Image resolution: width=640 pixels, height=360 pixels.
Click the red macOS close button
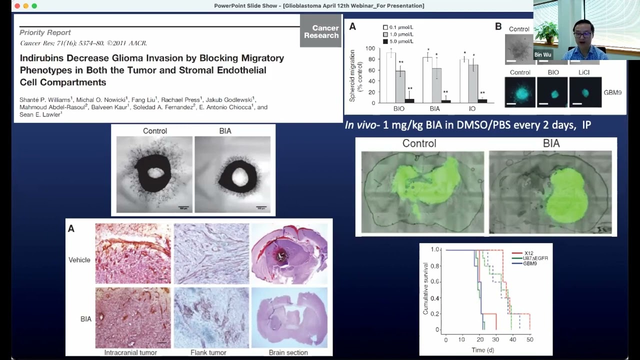tap(16, 6)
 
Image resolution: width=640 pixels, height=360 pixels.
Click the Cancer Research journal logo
tap(320, 31)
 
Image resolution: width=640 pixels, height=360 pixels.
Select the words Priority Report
tap(45, 32)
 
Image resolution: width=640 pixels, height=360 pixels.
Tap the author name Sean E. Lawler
tap(40, 114)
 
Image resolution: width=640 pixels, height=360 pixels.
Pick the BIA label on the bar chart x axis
tap(434, 108)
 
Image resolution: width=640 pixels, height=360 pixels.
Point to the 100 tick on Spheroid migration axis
tap(370, 48)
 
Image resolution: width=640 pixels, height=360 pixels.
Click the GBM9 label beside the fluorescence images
tap(612, 92)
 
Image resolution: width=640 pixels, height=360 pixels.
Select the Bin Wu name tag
tap(542, 55)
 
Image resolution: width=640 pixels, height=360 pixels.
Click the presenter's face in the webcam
tap(582, 32)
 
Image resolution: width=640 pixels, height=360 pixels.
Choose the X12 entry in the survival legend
tap(528, 253)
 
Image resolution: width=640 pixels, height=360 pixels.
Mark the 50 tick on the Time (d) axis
tap(529, 339)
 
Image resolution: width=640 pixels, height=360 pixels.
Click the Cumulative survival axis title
tap(425, 289)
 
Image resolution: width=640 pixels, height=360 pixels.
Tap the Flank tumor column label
tap(208, 352)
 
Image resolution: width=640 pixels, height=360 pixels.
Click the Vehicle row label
tap(79, 260)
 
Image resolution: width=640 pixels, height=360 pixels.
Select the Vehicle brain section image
tap(289, 254)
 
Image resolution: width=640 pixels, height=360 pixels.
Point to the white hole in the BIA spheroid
tap(239, 176)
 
